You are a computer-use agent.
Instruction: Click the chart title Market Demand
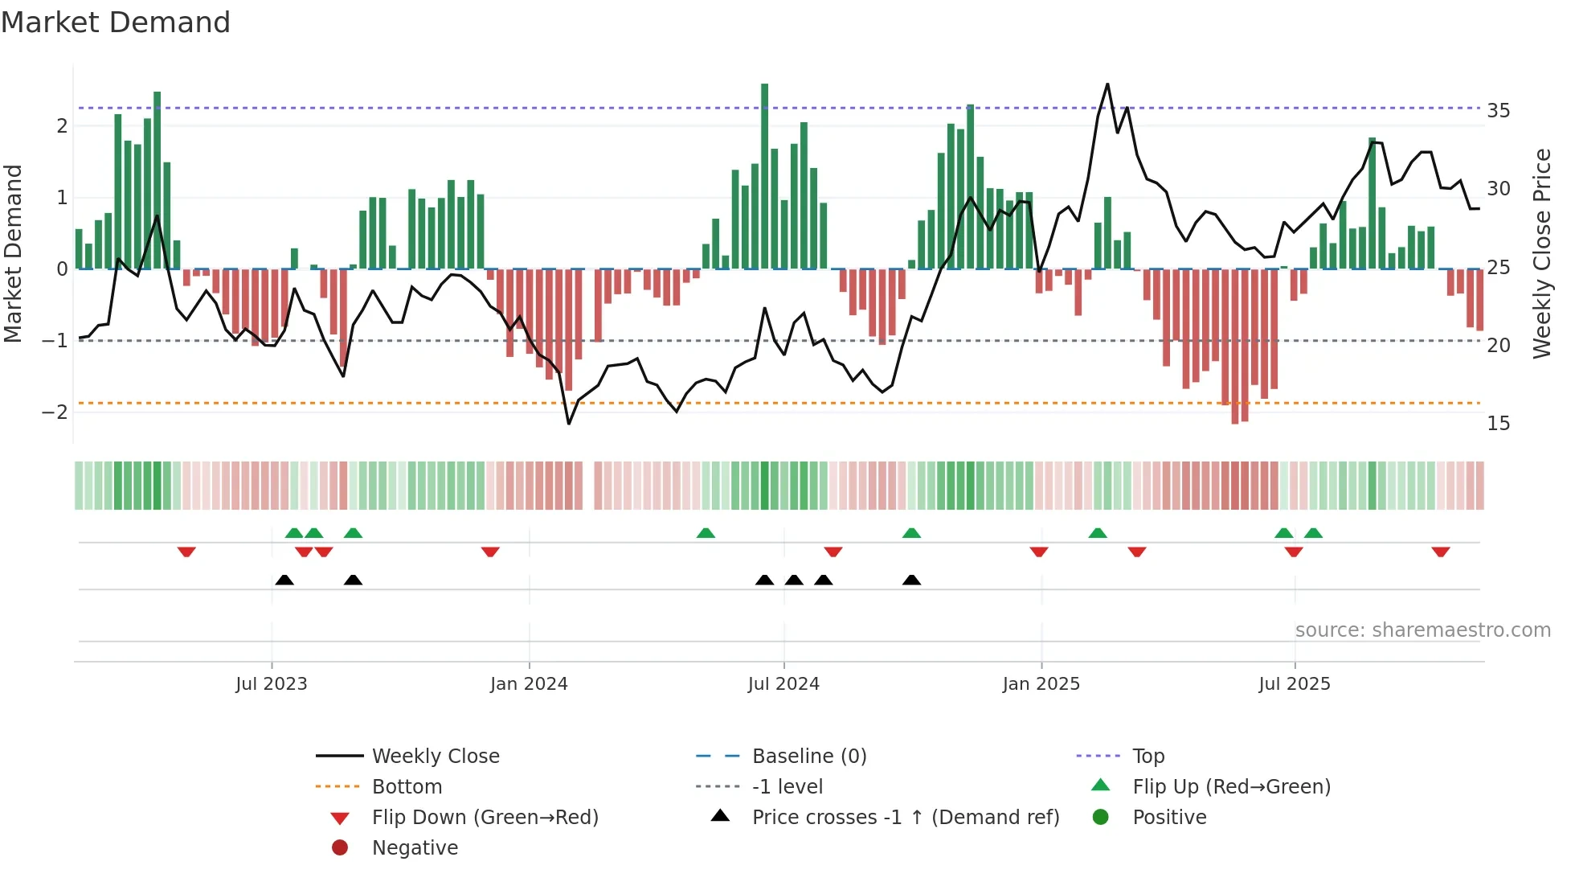pyautogui.click(x=116, y=23)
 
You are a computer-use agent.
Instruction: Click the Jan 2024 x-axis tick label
pyautogui.click(x=529, y=684)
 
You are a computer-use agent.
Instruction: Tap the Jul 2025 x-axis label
pyautogui.click(x=1294, y=684)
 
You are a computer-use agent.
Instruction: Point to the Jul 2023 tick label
pyautogui.click(x=272, y=684)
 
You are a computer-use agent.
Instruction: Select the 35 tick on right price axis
pyautogui.click(x=1498, y=111)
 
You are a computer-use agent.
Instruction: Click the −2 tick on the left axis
pyautogui.click(x=55, y=412)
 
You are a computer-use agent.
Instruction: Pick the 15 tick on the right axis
pyautogui.click(x=1498, y=424)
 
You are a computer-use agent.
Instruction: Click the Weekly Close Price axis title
pyautogui.click(x=1541, y=253)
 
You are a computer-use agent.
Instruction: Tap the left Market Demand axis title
pyautogui.click(x=14, y=253)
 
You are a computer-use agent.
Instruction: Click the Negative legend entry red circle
pyautogui.click(x=340, y=848)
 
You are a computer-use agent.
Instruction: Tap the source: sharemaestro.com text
pyautogui.click(x=1422, y=630)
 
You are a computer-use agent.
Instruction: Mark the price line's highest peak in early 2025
pyautogui.click(x=1107, y=84)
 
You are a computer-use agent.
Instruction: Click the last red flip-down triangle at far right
pyautogui.click(x=1440, y=552)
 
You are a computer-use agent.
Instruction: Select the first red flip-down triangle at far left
pyautogui.click(x=186, y=552)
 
